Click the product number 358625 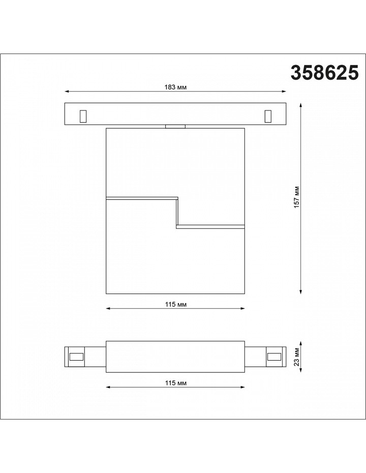(325, 73)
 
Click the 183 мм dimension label (175, 87)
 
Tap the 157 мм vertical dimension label (297, 197)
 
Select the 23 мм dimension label (297, 357)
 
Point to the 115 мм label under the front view (175, 304)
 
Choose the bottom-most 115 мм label (175, 383)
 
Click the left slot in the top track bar (83, 116)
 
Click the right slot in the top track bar (268, 116)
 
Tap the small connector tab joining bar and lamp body (175, 127)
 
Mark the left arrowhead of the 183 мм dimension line (67, 91)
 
